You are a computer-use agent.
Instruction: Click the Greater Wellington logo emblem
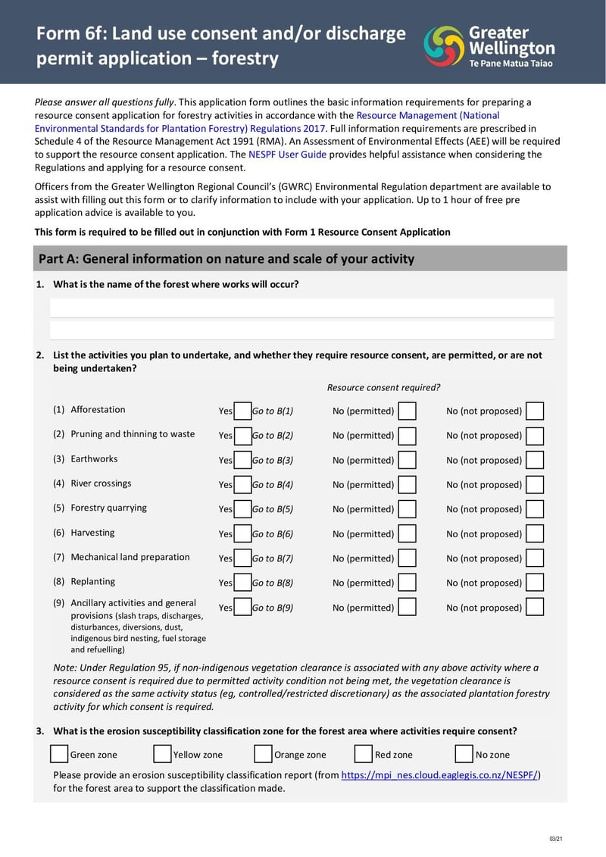click(x=444, y=45)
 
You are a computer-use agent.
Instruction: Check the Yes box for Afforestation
click(x=242, y=411)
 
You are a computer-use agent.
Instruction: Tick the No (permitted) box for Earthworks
click(x=407, y=461)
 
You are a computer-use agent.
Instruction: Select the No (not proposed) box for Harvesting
click(x=535, y=534)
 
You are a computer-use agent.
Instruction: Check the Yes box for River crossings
click(x=242, y=485)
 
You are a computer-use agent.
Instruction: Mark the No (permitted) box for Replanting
click(x=407, y=583)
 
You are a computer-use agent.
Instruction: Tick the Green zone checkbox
click(x=59, y=754)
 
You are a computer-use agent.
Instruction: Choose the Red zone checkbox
click(x=364, y=754)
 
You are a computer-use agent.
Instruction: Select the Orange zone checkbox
click(x=263, y=754)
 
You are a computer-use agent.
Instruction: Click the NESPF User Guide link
click(x=287, y=155)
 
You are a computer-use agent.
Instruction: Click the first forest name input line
click(x=301, y=308)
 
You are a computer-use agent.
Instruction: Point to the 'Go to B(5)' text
click(x=273, y=510)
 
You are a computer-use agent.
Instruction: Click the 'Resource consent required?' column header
click(x=383, y=388)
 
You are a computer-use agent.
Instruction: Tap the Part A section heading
click(x=226, y=259)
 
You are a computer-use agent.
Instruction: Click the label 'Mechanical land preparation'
click(x=130, y=557)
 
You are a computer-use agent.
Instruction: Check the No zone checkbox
click(x=464, y=754)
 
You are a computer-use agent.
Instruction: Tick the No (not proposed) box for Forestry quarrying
click(x=535, y=509)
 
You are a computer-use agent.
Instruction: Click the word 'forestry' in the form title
click(x=245, y=58)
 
